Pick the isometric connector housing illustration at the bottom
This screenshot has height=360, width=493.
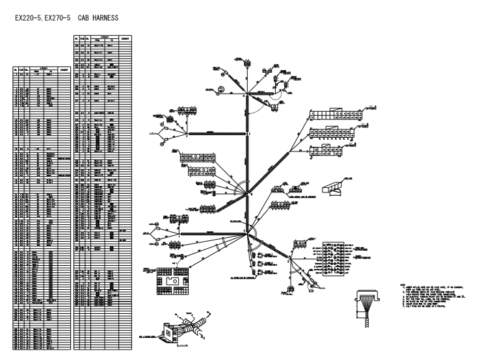point(188,328)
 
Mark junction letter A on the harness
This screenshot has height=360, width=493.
point(245,231)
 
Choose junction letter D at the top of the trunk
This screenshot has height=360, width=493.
point(245,96)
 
